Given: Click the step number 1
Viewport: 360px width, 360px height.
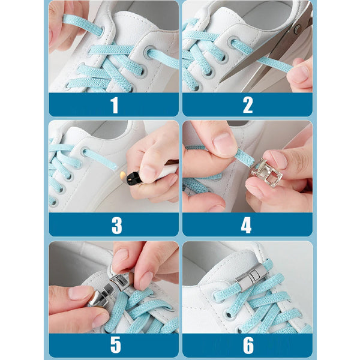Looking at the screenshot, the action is [x=115, y=105].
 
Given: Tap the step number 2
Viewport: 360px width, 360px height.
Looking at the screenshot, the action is [x=248, y=105].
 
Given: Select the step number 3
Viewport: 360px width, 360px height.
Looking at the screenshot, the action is [x=116, y=225].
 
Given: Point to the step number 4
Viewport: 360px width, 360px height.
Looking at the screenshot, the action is [x=246, y=225].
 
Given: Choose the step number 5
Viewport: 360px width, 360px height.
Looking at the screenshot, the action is [x=115, y=345].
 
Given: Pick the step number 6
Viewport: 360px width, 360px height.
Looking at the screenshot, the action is [x=248, y=345].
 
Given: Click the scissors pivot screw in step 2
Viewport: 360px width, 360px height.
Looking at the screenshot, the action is [x=298, y=29].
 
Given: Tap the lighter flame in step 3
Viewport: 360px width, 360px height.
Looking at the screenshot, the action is [x=123, y=175].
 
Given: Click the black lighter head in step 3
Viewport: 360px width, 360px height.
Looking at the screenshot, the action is [x=133, y=179].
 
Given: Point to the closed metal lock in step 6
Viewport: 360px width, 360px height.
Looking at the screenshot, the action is [x=251, y=278].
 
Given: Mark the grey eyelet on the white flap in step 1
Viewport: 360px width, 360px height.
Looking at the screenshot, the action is [x=149, y=53].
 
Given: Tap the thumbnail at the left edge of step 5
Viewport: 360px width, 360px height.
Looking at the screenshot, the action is [x=80, y=293].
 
